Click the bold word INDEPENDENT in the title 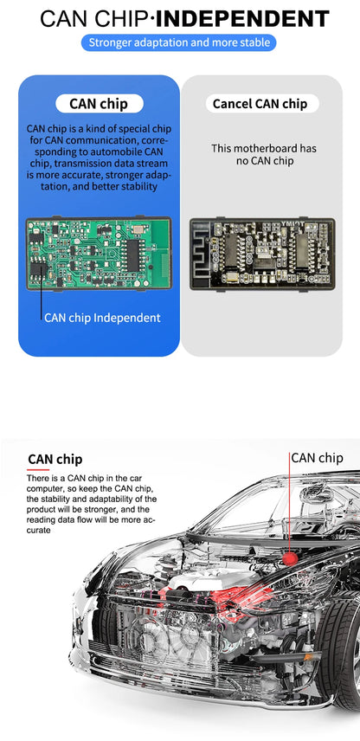[x=242, y=19]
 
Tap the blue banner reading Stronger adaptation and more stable [x=179, y=42]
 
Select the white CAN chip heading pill [x=99, y=104]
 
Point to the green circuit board [x=99, y=253]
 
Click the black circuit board [x=262, y=254]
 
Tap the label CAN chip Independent [x=102, y=318]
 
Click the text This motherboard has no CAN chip [x=264, y=155]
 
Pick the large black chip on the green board [x=132, y=255]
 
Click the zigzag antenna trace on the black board [x=203, y=253]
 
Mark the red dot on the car [x=290, y=559]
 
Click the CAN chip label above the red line [x=317, y=458]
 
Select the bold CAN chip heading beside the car [x=55, y=459]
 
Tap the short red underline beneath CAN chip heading [x=38, y=470]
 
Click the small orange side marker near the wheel [x=307, y=656]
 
